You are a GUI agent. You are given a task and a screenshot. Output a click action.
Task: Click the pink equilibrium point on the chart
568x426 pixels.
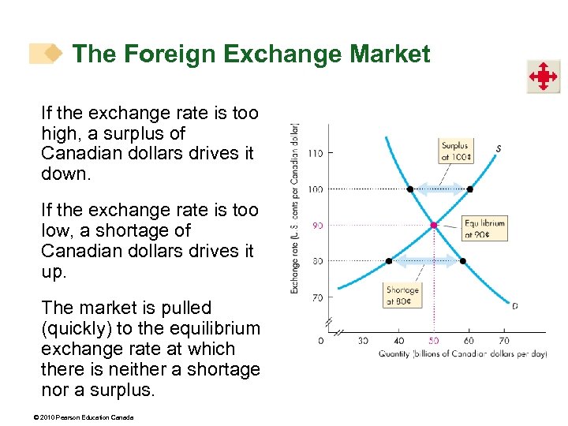433,226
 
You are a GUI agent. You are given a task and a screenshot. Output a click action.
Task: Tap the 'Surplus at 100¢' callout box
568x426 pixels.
456,150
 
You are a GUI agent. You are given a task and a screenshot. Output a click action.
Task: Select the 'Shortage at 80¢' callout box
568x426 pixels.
402,296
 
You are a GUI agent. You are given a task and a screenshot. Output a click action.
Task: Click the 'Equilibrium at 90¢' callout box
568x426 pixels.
484,228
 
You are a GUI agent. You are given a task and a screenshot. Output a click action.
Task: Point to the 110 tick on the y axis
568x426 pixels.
316,153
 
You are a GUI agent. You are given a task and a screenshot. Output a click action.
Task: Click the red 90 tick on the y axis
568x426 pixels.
317,226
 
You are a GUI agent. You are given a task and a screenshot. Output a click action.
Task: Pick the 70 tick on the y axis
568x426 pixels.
317,297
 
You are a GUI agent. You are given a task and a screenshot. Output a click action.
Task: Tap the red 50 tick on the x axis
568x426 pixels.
433,340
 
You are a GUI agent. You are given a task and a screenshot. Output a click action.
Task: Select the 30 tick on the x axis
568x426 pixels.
363,340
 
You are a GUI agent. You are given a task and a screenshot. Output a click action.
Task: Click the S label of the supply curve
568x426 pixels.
499,148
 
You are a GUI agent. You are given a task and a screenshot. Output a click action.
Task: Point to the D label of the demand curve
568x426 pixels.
514,306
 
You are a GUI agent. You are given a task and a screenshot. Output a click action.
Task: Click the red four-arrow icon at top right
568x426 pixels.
544,77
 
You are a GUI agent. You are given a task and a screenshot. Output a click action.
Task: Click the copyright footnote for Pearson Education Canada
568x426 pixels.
88,417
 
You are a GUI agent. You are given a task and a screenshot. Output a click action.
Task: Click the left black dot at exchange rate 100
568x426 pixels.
409,189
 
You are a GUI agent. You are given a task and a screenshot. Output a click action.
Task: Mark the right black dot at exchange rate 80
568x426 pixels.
462,261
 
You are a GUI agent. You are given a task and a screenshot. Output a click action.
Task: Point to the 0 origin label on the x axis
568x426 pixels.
320,340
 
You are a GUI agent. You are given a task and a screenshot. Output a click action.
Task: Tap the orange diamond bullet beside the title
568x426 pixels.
52,54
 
